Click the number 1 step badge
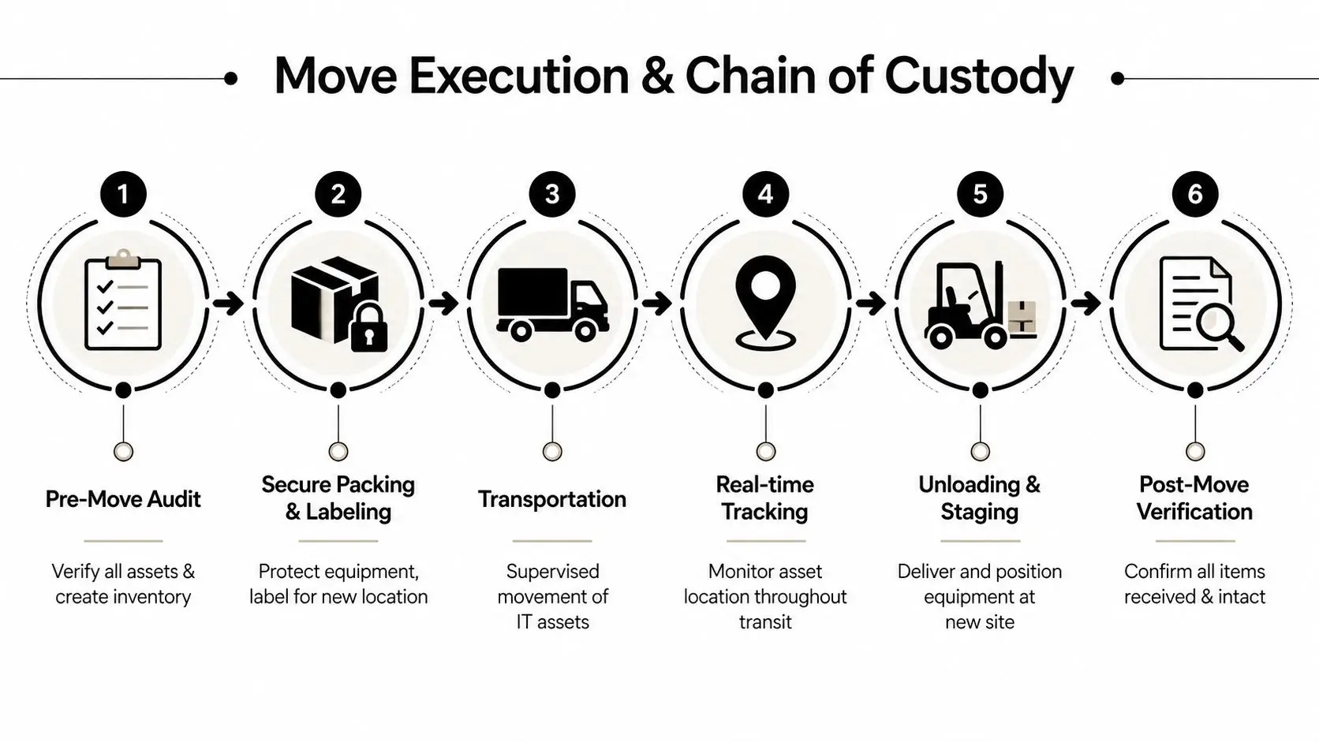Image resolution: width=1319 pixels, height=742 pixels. [123, 194]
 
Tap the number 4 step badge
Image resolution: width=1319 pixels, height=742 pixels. [765, 194]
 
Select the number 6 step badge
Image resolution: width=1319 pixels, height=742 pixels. [1194, 194]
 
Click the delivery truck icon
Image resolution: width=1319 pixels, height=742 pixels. [552, 304]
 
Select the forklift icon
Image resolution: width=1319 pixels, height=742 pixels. [967, 306]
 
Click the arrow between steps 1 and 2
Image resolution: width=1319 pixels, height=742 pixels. [228, 303]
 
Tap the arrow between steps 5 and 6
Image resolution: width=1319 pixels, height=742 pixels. [1086, 303]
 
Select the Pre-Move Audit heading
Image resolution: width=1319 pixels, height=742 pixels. [123, 499]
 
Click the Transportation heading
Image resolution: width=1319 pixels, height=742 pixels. [552, 499]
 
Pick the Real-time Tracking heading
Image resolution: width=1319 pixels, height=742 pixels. [765, 498]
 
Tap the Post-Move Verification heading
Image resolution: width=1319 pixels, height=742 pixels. [1194, 498]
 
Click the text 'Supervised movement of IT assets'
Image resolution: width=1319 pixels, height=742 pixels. [552, 596]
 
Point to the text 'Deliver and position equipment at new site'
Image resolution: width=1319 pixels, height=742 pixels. [980, 596]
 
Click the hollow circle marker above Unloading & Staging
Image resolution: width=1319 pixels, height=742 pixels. [980, 451]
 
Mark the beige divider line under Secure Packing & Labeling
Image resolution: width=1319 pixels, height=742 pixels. [338, 541]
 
